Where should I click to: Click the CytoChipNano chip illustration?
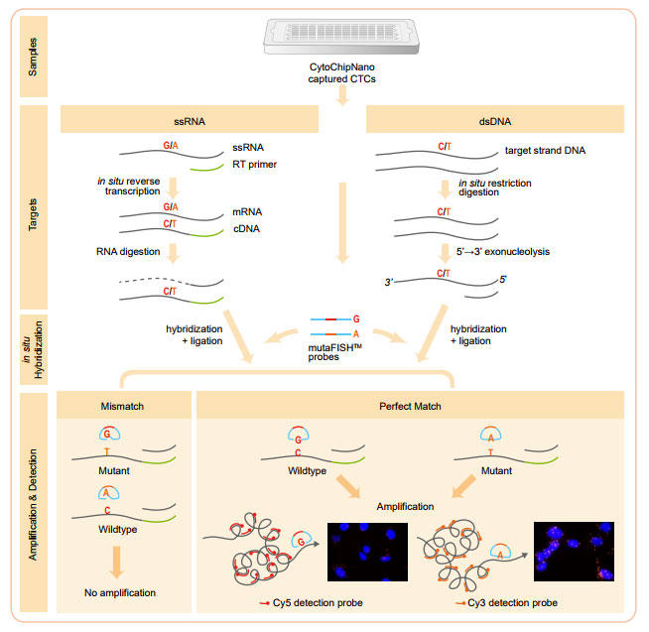click(x=341, y=37)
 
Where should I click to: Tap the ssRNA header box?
click(x=190, y=119)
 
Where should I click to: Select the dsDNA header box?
click(x=495, y=119)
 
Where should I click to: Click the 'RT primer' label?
click(x=255, y=165)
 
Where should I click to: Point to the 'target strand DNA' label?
click(x=545, y=151)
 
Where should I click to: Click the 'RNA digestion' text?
click(x=128, y=252)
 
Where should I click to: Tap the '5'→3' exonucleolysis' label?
click(x=503, y=252)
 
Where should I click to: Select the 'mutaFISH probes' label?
click(x=334, y=352)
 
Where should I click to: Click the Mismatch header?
click(x=122, y=406)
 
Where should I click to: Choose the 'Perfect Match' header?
click(x=410, y=406)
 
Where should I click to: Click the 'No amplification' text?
click(x=120, y=592)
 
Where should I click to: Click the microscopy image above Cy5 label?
click(x=367, y=552)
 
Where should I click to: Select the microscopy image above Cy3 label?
click(x=574, y=552)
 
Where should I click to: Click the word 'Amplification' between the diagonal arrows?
click(x=405, y=507)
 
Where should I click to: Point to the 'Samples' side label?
click(x=33, y=57)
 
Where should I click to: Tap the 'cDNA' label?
click(x=247, y=229)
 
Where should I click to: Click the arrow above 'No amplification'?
click(x=117, y=563)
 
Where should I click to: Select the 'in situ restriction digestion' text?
click(x=495, y=188)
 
